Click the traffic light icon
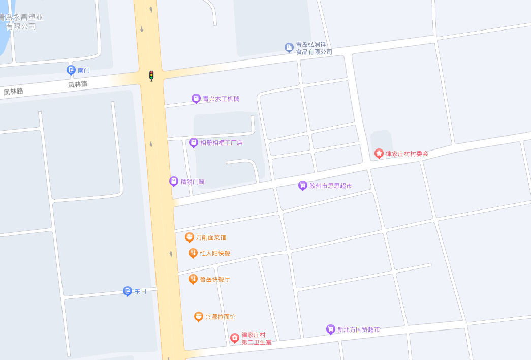[151, 76]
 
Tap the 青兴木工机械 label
[221, 99]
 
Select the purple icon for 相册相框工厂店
[193, 143]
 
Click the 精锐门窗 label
[192, 182]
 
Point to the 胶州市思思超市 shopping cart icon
[302, 186]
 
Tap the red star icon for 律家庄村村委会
[379, 153]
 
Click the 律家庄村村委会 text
[407, 154]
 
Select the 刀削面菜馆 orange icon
[189, 237]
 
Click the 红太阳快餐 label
[215, 253]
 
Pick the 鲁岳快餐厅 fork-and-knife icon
[193, 279]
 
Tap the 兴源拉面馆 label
[220, 317]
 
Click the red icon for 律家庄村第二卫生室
[234, 338]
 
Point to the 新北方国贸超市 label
[358, 329]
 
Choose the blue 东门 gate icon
[128, 291]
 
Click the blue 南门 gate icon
[71, 70]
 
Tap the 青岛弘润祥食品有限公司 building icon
[289, 48]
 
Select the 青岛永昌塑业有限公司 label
[21, 22]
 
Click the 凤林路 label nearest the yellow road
[78, 84]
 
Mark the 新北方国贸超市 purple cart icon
[331, 329]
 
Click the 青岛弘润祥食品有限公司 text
[314, 48]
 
